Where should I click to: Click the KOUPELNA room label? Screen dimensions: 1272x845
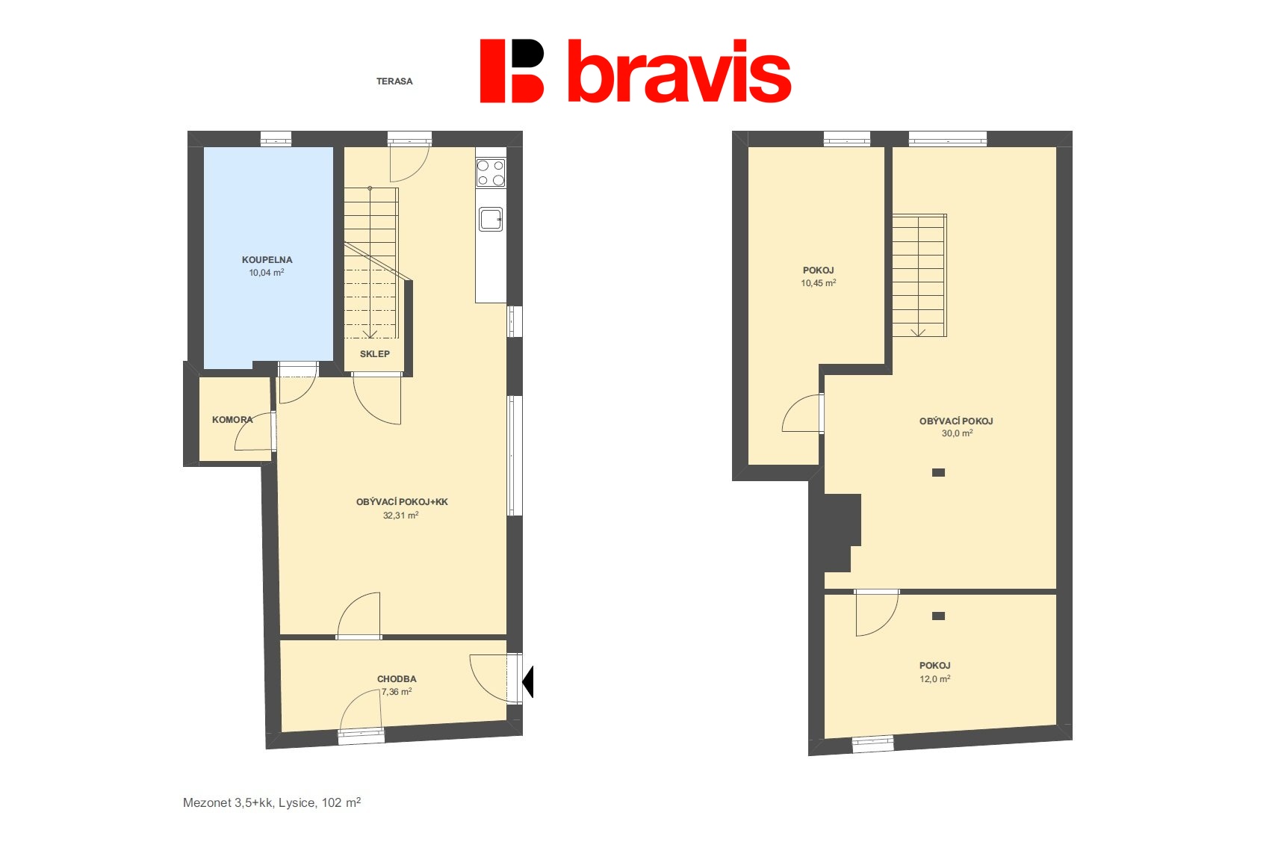click(267, 260)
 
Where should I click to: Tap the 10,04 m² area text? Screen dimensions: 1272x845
click(267, 273)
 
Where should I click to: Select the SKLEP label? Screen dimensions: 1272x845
click(375, 354)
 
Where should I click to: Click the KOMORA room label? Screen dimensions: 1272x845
click(232, 420)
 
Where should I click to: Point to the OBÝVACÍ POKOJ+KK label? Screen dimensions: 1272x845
click(402, 502)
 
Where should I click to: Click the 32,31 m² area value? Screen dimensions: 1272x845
click(401, 515)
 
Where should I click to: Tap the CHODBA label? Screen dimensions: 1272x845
click(397, 678)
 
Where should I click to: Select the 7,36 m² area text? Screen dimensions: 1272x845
click(397, 692)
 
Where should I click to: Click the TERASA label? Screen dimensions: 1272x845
click(394, 81)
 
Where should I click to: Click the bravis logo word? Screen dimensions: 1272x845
click(679, 71)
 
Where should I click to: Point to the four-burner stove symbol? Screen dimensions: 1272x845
click(491, 173)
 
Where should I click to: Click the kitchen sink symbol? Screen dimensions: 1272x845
click(491, 219)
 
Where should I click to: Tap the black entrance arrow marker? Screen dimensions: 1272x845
click(528, 681)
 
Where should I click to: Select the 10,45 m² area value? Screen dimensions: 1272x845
click(819, 283)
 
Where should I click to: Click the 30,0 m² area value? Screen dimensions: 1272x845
click(958, 433)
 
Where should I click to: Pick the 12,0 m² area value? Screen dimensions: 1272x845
click(934, 678)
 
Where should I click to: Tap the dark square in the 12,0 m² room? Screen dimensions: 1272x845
click(939, 616)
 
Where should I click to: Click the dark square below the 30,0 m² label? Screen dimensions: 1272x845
click(939, 472)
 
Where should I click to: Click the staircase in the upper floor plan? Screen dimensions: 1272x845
click(919, 276)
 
